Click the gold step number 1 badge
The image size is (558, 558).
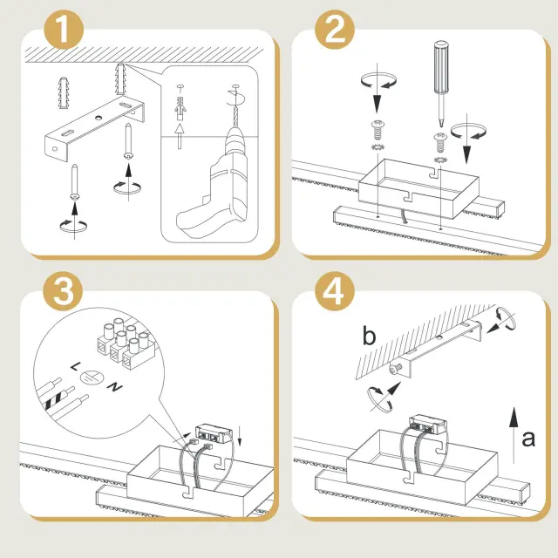click(64, 30)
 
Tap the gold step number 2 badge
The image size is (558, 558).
click(335, 30)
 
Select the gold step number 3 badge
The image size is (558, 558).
click(63, 291)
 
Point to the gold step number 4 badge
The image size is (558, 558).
click(335, 291)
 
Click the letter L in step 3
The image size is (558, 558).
click(76, 366)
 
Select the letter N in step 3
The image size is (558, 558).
click(115, 387)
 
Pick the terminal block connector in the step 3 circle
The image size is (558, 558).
click(126, 344)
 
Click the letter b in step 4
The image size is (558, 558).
click(369, 336)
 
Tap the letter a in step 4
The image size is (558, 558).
click(528, 439)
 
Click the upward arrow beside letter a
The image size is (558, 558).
click(514, 435)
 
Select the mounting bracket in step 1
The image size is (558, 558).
click(95, 129)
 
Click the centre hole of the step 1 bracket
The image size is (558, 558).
click(97, 118)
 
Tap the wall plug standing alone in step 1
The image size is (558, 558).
click(64, 92)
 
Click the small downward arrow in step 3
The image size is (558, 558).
click(240, 436)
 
